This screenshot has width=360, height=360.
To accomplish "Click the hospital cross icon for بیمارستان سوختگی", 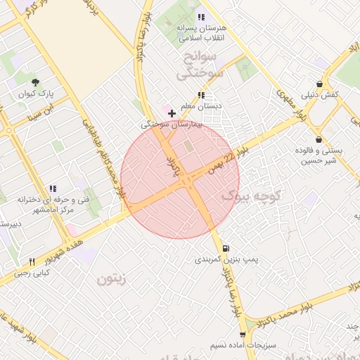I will point(172,112).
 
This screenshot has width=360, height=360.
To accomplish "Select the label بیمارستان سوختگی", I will point(172,124).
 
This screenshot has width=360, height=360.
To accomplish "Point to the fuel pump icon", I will point(225,248).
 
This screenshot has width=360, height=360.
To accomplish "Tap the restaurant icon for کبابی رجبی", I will point(32,262).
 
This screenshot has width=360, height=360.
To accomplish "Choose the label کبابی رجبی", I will point(32,273).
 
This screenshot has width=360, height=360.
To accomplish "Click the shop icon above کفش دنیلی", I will point(320,83).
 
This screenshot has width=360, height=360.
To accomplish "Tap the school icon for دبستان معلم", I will point(201,95).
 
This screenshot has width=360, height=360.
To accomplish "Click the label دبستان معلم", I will point(201,106).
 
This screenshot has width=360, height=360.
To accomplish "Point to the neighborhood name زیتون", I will point(110,279).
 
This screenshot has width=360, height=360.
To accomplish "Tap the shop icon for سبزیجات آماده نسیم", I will point(243,335).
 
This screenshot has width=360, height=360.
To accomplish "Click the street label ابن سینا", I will point(41,112).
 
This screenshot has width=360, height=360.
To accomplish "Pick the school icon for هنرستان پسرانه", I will point(201,17).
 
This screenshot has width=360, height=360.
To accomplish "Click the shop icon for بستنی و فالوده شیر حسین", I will point(320,139).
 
